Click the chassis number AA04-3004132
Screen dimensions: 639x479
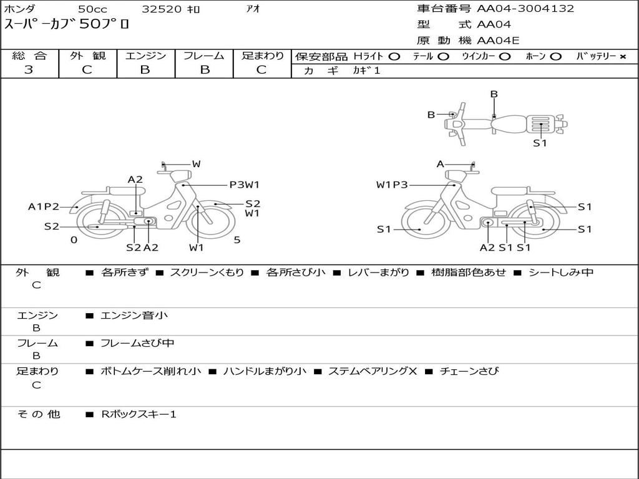coord(525,9)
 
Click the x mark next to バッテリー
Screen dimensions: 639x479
coord(623,57)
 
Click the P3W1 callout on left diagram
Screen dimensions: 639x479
coord(245,185)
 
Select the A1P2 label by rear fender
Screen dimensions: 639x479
coord(43,206)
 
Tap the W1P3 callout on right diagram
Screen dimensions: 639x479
coord(392,185)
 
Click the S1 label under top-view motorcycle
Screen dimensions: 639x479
coord(540,143)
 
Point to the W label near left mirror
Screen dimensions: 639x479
coord(197,164)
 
